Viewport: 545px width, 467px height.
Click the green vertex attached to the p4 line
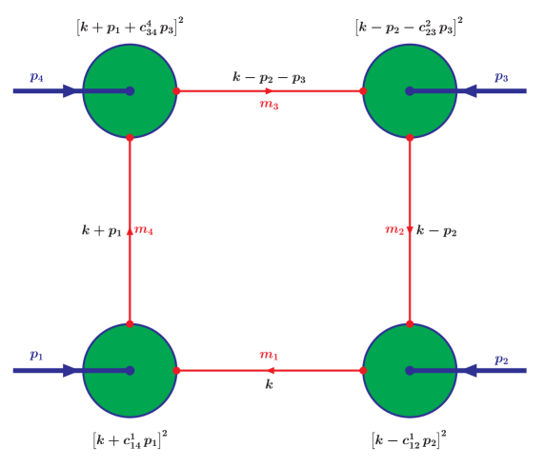tap(130, 91)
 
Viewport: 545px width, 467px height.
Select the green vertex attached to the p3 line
tap(410, 91)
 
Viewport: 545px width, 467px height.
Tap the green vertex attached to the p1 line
tap(130, 370)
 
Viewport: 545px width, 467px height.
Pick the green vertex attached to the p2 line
tap(410, 370)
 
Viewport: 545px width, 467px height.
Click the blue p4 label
tap(36, 77)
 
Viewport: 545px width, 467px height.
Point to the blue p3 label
tap(501, 77)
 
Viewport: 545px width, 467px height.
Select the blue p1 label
tap(36, 356)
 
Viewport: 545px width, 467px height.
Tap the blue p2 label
tap(501, 359)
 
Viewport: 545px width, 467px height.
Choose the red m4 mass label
tap(145, 229)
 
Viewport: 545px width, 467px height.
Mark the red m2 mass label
tap(394, 229)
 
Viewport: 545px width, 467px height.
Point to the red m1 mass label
tap(270, 355)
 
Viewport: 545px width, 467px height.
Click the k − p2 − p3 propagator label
tap(270, 77)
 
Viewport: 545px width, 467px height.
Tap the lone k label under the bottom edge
tap(270, 385)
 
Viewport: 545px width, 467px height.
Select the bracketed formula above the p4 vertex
tap(130, 27)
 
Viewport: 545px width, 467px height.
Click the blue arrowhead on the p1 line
tap(72, 370)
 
